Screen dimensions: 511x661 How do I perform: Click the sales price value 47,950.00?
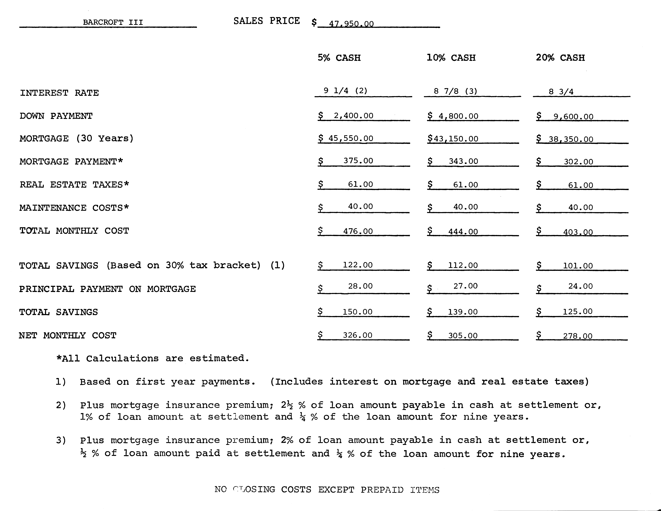click(351, 24)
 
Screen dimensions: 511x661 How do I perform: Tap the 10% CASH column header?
click(451, 58)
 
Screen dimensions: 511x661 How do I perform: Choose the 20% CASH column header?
click(560, 58)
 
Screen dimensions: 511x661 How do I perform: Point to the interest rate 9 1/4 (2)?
click(345, 91)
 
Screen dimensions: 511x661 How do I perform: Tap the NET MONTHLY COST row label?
click(68, 335)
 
